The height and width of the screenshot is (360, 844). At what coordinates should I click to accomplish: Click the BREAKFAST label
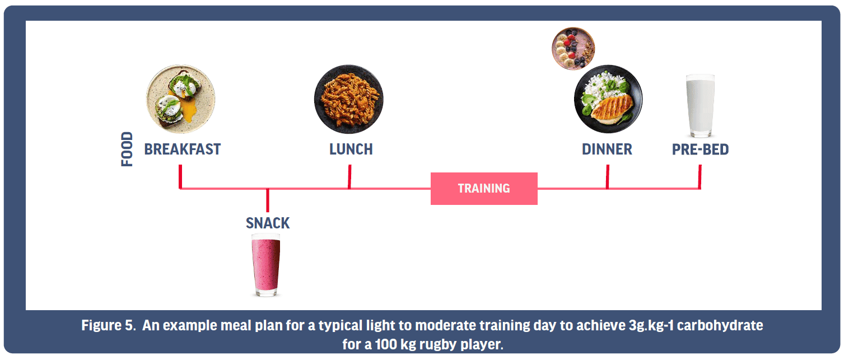pyautogui.click(x=183, y=149)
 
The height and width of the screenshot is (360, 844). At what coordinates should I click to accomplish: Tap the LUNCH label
pyautogui.click(x=351, y=149)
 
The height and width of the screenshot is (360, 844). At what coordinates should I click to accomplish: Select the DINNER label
pyautogui.click(x=607, y=149)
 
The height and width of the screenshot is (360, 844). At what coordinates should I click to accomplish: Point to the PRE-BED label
pyautogui.click(x=701, y=149)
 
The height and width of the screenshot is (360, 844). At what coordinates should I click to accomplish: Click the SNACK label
pyautogui.click(x=268, y=223)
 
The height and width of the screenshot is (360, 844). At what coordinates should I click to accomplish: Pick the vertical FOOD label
pyautogui.click(x=127, y=149)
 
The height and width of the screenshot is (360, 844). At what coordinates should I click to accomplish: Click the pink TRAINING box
pyautogui.click(x=484, y=188)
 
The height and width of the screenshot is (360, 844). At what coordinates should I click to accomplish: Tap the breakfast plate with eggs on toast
pyautogui.click(x=181, y=99)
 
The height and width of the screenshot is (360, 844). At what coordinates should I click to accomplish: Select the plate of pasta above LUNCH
pyautogui.click(x=349, y=99)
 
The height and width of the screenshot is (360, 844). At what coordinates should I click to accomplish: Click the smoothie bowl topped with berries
pyautogui.click(x=573, y=49)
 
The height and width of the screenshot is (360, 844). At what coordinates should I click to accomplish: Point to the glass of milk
pyautogui.click(x=701, y=106)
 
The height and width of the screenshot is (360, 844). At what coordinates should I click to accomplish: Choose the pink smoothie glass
pyautogui.click(x=266, y=265)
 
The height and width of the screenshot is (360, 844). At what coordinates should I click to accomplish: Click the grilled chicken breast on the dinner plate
pyautogui.click(x=612, y=109)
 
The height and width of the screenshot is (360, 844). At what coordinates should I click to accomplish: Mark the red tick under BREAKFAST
pyautogui.click(x=180, y=176)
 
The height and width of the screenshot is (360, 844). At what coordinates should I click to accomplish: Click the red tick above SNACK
pyautogui.click(x=268, y=200)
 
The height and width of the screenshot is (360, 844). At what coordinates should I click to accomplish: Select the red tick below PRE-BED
pyautogui.click(x=700, y=176)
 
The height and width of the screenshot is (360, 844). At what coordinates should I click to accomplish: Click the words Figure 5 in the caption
pyautogui.click(x=109, y=325)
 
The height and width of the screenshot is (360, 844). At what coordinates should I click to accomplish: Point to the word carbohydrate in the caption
pyautogui.click(x=720, y=325)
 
